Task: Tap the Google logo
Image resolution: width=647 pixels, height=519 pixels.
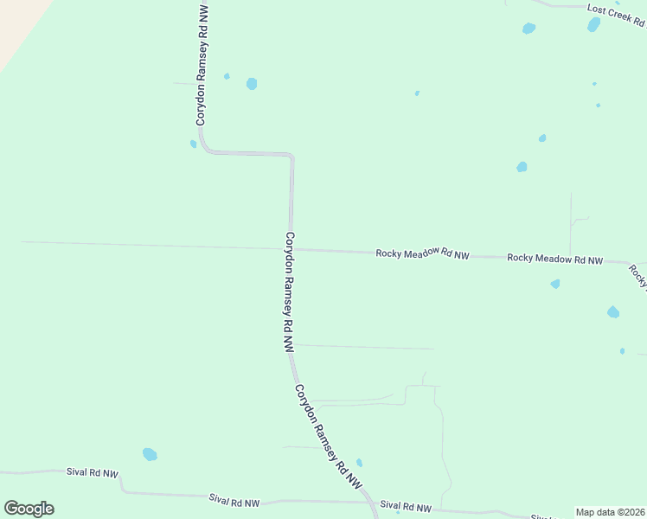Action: pos(29,509)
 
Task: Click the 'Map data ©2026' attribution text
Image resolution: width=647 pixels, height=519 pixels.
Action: pos(610,512)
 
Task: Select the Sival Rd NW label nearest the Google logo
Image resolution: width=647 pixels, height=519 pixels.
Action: pos(93,473)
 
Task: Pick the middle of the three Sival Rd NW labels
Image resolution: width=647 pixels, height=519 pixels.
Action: pos(234,502)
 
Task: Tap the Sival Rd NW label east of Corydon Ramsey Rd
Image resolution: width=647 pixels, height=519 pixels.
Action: pos(405,505)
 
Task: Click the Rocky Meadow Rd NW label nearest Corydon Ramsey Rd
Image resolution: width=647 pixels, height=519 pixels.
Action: pos(422,254)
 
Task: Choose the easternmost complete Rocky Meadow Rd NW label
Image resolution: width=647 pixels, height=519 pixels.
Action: pos(554,259)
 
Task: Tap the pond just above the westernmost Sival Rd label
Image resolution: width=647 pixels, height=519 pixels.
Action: pos(150,454)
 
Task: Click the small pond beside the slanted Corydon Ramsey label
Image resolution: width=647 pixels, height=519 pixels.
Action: pos(359,463)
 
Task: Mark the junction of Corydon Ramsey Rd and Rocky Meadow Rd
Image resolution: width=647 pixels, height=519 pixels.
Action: pos(292,250)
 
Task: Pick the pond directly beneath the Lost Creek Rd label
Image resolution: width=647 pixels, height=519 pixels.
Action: pos(593,25)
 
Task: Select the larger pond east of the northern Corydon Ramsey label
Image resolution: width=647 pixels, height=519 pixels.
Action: pos(252,84)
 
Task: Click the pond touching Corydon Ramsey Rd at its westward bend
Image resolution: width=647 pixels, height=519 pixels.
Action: pos(194,144)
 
